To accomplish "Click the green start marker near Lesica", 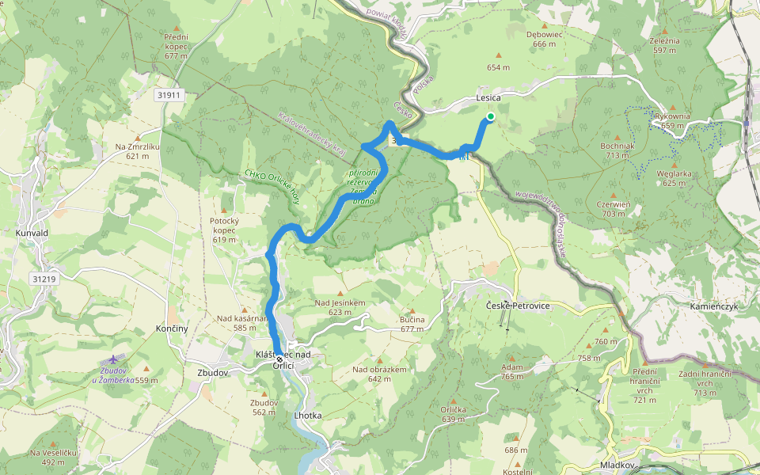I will coord(490,117).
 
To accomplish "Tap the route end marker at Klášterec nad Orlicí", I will coord(279,359).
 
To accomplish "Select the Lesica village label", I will coord(488,97).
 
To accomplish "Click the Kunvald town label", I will coord(32,233).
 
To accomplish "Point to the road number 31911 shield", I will coord(169,95).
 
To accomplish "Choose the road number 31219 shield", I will coord(44,279).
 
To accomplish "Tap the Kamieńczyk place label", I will coord(713,306).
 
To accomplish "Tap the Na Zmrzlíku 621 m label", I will coord(137,151).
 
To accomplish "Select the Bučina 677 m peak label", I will coord(412,323).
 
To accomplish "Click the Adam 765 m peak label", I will coord(511,372).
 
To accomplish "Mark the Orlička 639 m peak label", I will coord(453,414).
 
